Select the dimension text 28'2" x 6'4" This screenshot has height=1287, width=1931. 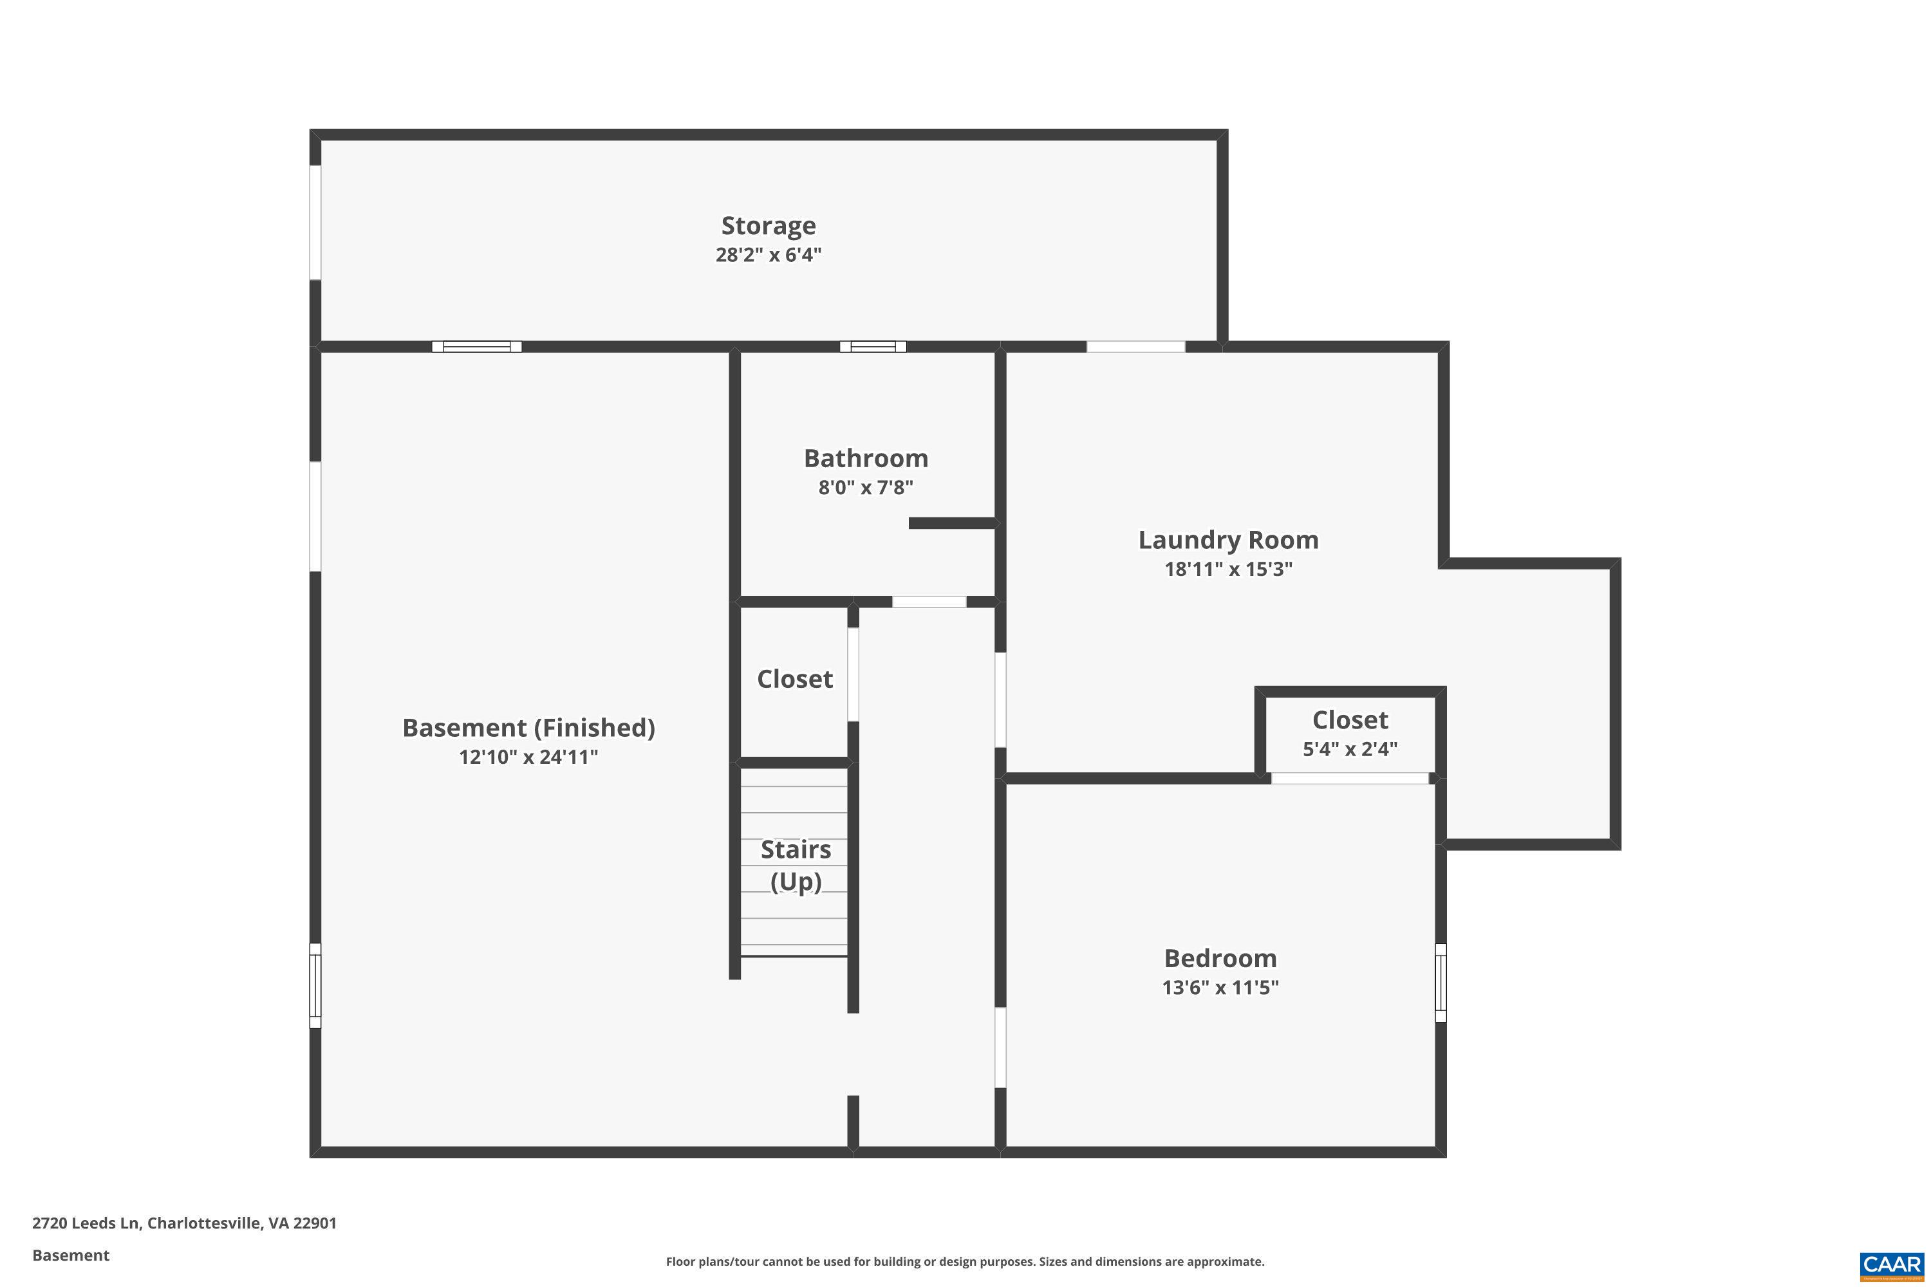coord(768,254)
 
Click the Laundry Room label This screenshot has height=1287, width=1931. coord(1227,540)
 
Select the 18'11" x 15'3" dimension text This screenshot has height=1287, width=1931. coord(1227,569)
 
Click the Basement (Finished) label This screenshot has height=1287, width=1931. coord(528,728)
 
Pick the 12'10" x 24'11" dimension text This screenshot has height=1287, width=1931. coord(528,757)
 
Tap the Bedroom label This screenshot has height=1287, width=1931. coord(1220,958)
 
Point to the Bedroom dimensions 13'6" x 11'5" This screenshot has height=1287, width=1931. coord(1220,987)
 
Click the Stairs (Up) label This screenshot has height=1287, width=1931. coord(795,865)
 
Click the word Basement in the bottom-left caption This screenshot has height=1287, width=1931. coord(71,1255)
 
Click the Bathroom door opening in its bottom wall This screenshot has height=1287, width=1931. coord(929,602)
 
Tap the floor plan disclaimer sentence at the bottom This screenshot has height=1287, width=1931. coord(965,1261)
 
